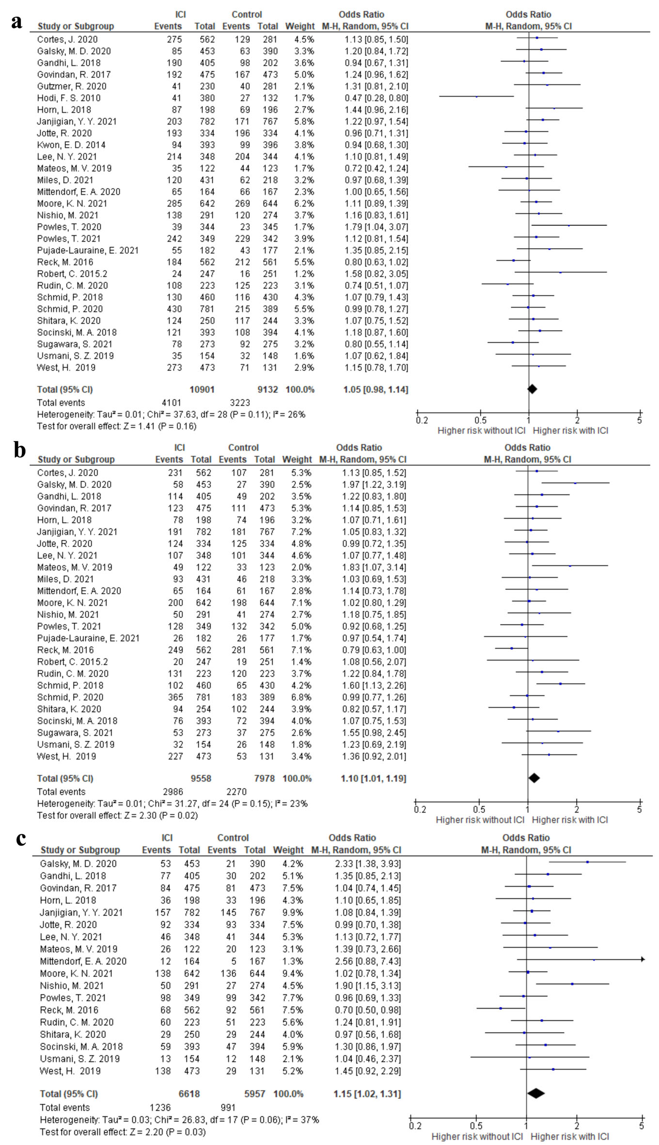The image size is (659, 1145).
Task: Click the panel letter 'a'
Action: (17, 22)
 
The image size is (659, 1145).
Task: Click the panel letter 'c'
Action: (20, 839)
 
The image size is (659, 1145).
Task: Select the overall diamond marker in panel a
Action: (532, 389)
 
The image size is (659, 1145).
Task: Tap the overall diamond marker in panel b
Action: (534, 778)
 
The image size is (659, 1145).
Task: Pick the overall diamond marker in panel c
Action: (536, 1093)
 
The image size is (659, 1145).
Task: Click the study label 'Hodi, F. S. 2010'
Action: (69, 98)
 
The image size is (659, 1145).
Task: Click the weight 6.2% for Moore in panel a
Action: (304, 204)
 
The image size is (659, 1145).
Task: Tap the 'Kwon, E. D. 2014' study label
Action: (71, 145)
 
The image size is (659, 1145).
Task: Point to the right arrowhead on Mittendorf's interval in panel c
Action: (643, 959)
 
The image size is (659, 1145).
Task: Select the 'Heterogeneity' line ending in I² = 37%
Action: (179, 1120)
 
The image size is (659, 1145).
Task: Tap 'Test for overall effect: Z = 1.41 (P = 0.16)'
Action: (117, 427)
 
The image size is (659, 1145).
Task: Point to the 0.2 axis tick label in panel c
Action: (415, 1126)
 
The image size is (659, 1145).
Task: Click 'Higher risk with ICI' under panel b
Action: (570, 820)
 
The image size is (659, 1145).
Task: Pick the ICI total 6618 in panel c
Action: (189, 1094)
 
